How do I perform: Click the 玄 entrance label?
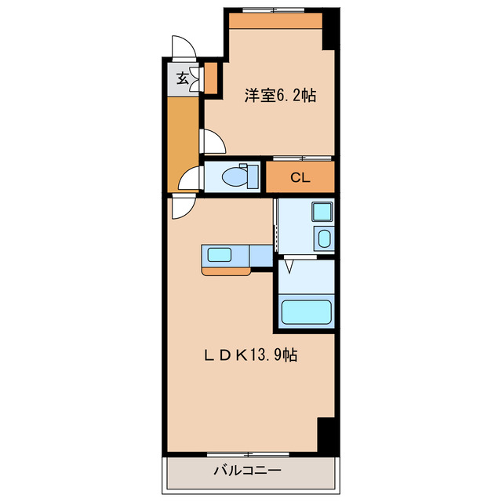coord(182,78)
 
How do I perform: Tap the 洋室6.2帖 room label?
coord(280,96)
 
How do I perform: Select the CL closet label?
coord(300,177)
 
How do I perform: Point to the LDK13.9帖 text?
coord(251,355)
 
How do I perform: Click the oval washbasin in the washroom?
coord(324,238)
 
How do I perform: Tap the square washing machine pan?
coord(322,211)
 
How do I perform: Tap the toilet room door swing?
coord(191,180)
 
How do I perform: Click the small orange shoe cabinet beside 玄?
coord(209,77)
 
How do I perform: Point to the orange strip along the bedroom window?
coord(276,21)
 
